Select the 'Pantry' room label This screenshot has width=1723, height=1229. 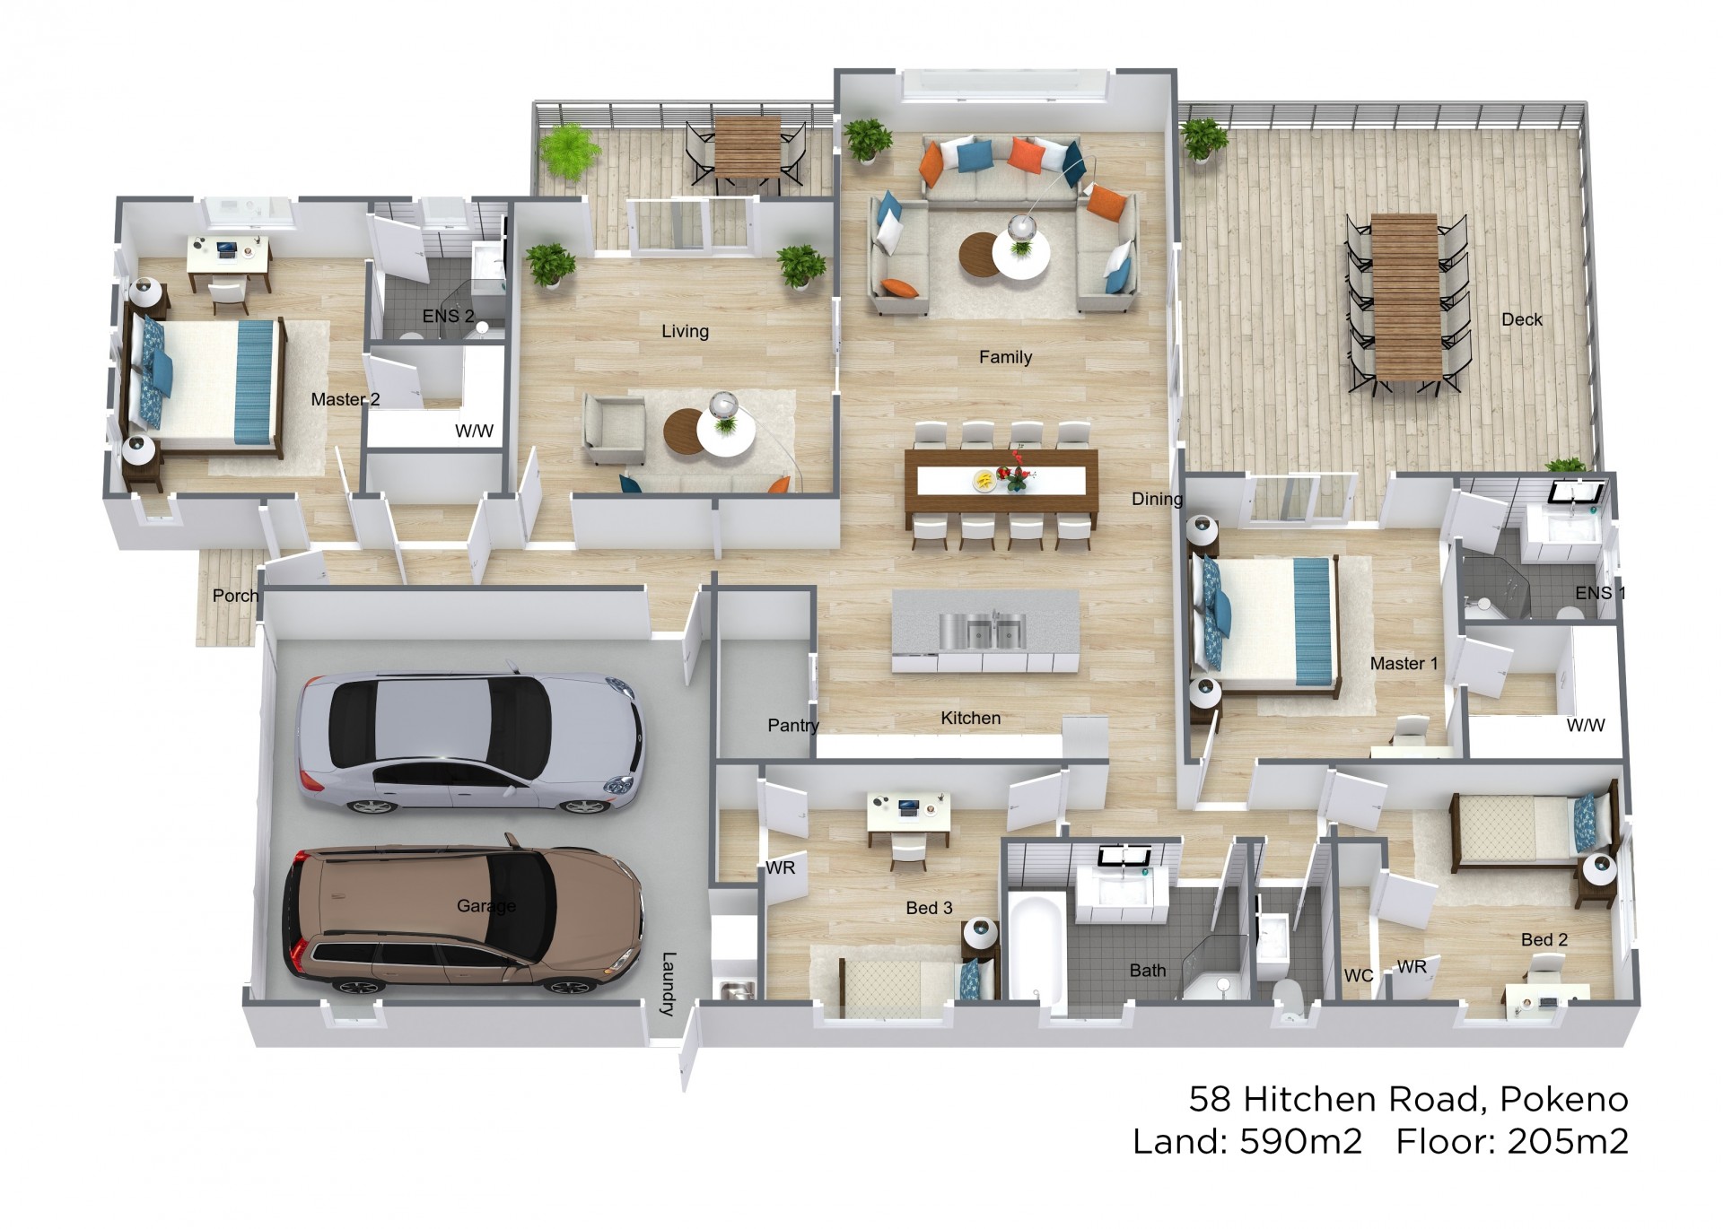pyautogui.click(x=793, y=726)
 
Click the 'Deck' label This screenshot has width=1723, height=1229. pyautogui.click(x=1522, y=319)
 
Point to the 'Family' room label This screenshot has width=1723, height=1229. pyautogui.click(x=1005, y=357)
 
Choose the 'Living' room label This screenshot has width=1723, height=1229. pyautogui.click(x=685, y=331)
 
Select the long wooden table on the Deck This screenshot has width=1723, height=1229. pyautogui.click(x=1406, y=296)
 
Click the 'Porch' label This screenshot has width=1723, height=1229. pyautogui.click(x=235, y=596)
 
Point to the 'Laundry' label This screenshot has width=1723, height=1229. pyautogui.click(x=668, y=983)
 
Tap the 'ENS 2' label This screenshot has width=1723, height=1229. pyautogui.click(x=448, y=316)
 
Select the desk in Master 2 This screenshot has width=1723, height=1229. pyautogui.click(x=229, y=256)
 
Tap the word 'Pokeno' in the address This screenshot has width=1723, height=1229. pyautogui.click(x=1564, y=1099)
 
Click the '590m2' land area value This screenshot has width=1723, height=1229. pyautogui.click(x=1300, y=1141)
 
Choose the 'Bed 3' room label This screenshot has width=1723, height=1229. pyautogui.click(x=929, y=908)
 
